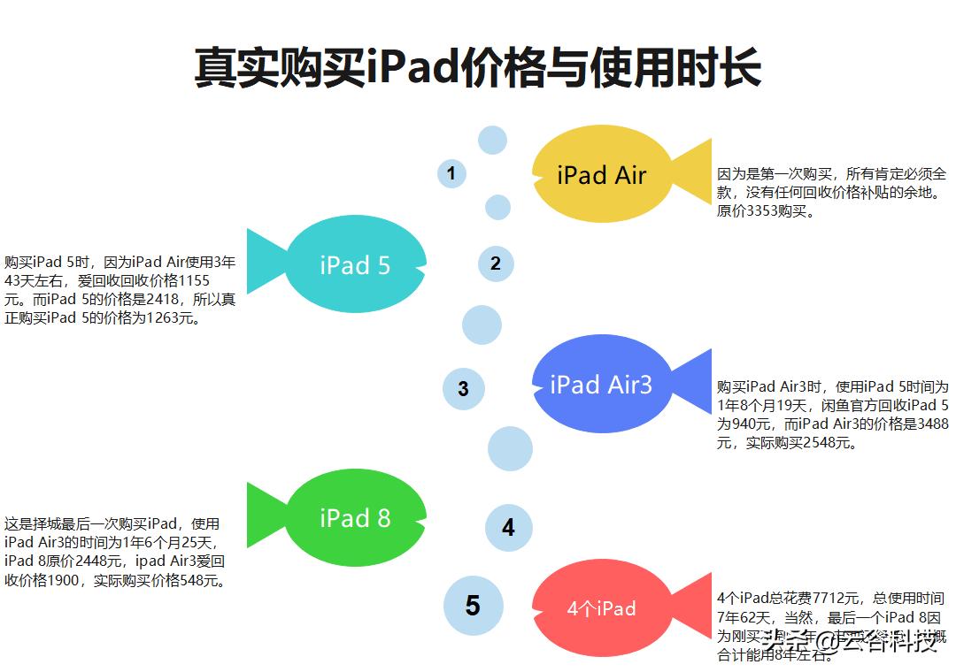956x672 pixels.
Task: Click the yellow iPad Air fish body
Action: [x=602, y=174]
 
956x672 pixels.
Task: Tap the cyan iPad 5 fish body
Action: [x=355, y=264]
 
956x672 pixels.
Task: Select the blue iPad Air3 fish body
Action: [x=602, y=384]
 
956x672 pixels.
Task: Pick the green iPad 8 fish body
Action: [x=355, y=517]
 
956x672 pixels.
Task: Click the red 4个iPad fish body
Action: [x=602, y=608]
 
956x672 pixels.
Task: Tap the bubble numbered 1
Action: [x=451, y=173]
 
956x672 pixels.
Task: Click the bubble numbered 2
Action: [x=496, y=263]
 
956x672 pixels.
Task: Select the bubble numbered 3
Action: [x=463, y=388]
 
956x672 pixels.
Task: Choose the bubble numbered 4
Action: [x=508, y=528]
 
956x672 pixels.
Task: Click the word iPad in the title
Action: [x=415, y=68]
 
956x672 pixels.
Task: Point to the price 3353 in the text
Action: [x=764, y=210]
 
